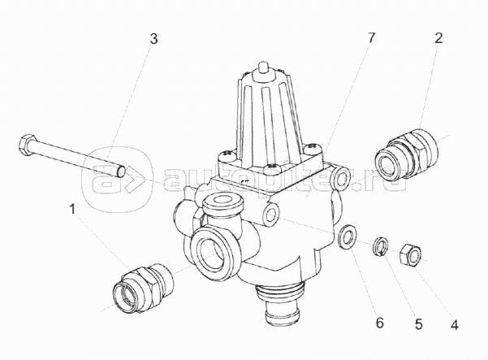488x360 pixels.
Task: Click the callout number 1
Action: coord(72,209)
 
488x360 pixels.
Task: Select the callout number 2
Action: coord(438,38)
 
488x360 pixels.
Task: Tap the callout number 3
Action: coord(153,39)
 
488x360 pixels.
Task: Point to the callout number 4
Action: coord(455,325)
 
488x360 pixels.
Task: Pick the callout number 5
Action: coord(419,324)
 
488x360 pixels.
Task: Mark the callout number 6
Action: coord(380,323)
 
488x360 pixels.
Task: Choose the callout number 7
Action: coord(371,38)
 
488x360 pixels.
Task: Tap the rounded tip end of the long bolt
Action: coord(121,171)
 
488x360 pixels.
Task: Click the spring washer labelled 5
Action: coord(380,246)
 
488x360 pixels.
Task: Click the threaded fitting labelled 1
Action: coord(143,287)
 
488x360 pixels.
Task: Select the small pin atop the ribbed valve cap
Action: coord(263,66)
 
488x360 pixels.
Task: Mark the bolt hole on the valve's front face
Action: coord(271,214)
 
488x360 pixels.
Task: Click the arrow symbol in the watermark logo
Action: coord(136,180)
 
